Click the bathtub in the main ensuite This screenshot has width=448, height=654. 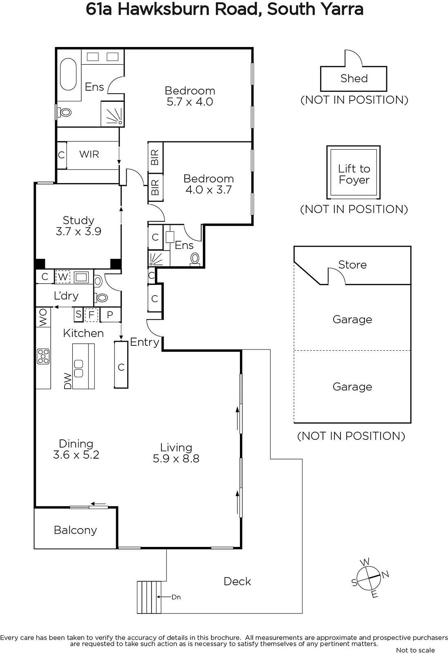pyautogui.click(x=68, y=74)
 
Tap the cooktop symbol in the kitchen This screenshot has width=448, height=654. pyautogui.click(x=43, y=356)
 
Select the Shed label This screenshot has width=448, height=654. pyautogui.click(x=354, y=78)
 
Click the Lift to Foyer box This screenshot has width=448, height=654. pyautogui.click(x=354, y=172)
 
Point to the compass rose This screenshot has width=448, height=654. pyautogui.click(x=370, y=578)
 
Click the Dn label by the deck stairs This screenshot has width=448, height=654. pyautogui.click(x=176, y=597)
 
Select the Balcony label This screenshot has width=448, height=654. pyautogui.click(x=75, y=530)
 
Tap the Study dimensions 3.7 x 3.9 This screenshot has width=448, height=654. pyautogui.click(x=78, y=231)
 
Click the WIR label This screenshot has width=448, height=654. pyautogui.click(x=89, y=154)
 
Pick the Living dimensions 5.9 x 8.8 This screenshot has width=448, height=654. pyautogui.click(x=176, y=458)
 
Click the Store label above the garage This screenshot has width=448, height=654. pyautogui.click(x=352, y=264)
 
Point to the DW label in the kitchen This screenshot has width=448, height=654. pyautogui.click(x=68, y=381)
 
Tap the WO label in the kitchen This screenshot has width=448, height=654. pyautogui.click(x=43, y=317)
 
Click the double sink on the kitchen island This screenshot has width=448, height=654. pyautogui.click(x=79, y=368)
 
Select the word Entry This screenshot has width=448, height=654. pyautogui.click(x=144, y=342)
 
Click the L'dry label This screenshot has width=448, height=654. pyautogui.click(x=66, y=296)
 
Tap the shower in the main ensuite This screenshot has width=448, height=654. pyautogui.click(x=112, y=114)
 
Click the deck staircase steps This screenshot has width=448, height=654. pyautogui.click(x=149, y=597)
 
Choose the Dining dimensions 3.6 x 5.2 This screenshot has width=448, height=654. pyautogui.click(x=76, y=455)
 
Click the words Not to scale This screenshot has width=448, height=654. pyautogui.click(x=415, y=650)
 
